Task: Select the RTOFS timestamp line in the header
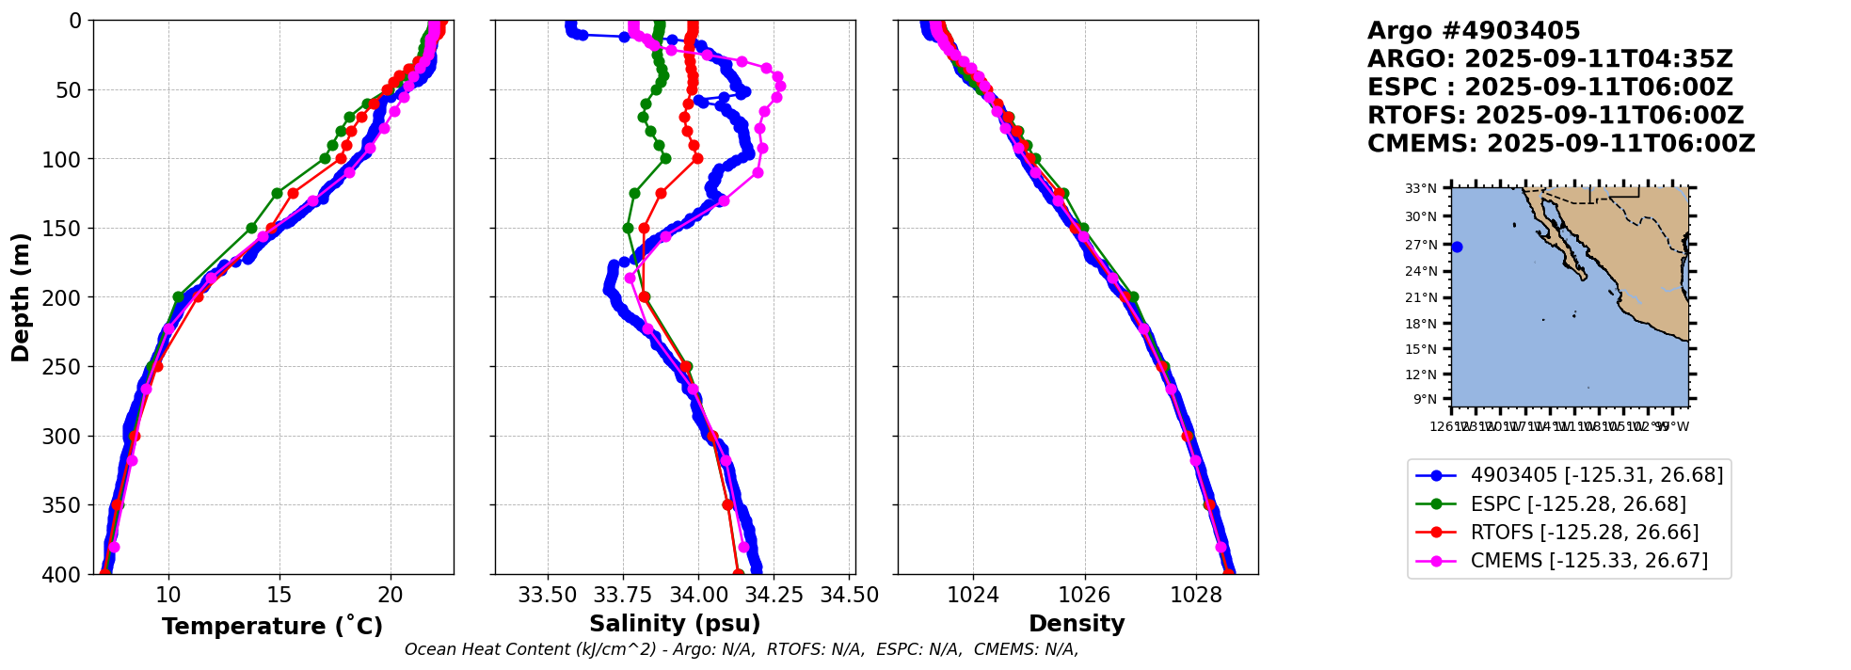(x=1556, y=116)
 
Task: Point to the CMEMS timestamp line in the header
(x=1561, y=144)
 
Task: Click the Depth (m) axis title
(x=21, y=296)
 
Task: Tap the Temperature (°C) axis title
(x=272, y=627)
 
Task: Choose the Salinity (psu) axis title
(x=675, y=624)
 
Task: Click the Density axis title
(x=1077, y=624)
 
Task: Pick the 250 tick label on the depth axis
(x=66, y=367)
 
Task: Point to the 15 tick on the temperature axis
(x=279, y=596)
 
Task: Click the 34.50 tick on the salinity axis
(x=850, y=596)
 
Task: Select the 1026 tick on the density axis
(x=1084, y=596)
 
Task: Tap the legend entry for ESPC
(x=1578, y=504)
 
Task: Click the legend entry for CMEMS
(x=1588, y=561)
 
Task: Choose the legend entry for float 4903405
(x=1596, y=475)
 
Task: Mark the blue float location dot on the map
(x=1457, y=247)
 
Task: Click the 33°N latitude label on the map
(x=1421, y=189)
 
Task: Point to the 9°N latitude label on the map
(x=1425, y=399)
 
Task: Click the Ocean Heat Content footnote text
(x=742, y=649)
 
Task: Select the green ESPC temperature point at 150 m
(x=251, y=228)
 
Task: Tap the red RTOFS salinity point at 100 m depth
(x=697, y=158)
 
